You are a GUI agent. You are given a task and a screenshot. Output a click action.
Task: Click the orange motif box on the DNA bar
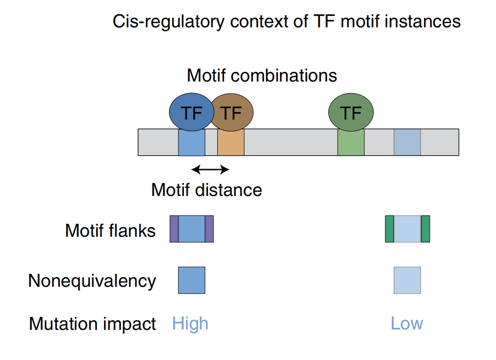(231, 142)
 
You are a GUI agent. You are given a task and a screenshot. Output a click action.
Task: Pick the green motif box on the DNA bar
(351, 142)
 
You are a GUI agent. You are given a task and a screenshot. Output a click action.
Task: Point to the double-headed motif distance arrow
(210, 170)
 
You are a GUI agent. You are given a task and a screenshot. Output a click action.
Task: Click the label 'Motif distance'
(207, 190)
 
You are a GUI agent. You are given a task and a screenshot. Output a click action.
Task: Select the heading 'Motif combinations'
(262, 76)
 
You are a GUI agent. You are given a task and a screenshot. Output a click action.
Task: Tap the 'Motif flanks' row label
(110, 230)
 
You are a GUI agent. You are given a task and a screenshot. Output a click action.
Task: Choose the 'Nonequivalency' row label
(92, 281)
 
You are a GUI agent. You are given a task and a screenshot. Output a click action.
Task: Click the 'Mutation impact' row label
(92, 324)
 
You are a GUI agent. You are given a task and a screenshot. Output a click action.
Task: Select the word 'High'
(190, 323)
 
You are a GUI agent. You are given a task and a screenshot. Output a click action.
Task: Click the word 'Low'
(407, 323)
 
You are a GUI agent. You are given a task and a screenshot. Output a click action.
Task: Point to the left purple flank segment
(174, 229)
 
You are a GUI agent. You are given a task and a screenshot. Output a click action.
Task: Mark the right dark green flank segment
(426, 229)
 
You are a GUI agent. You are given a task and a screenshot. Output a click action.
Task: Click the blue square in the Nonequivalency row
(192, 280)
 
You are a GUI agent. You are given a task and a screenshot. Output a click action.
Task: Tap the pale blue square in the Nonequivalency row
(407, 280)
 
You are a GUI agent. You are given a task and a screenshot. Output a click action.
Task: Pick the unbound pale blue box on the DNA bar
(407, 142)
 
